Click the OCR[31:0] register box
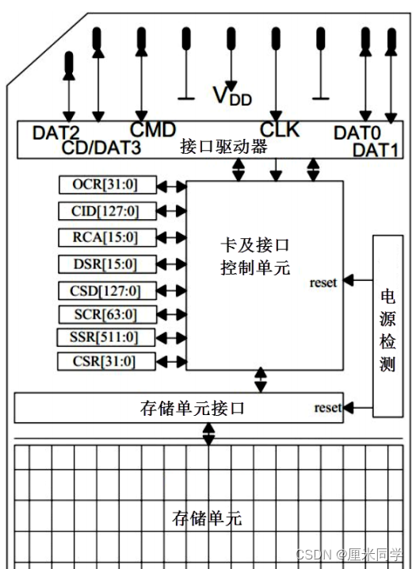107,186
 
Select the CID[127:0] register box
107,211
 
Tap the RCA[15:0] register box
107,237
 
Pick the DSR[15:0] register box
107,263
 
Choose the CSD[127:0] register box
107,290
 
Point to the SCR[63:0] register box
107,313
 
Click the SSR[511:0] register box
107,337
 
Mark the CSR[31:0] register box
107,362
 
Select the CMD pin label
153,129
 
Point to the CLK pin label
280,129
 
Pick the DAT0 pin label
357,133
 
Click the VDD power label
231,95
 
